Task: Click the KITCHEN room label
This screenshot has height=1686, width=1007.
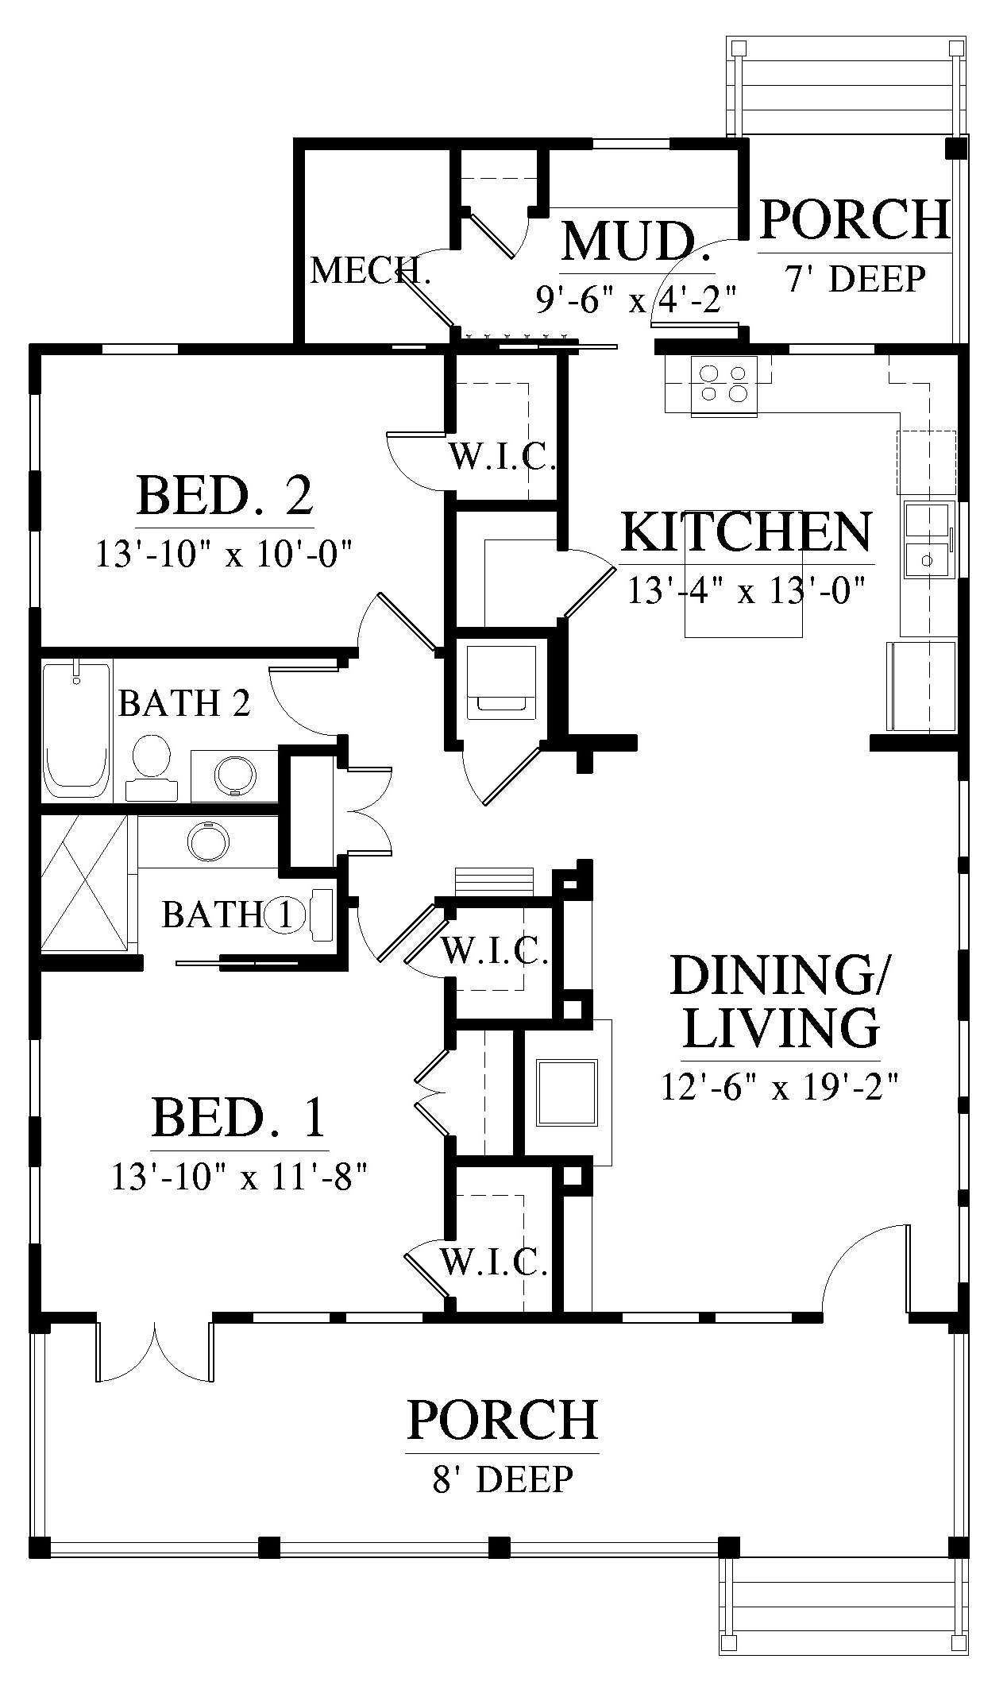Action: pyautogui.click(x=746, y=532)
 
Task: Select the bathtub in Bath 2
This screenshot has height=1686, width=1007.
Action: pyautogui.click(x=76, y=729)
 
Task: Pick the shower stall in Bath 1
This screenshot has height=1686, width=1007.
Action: pyautogui.click(x=84, y=882)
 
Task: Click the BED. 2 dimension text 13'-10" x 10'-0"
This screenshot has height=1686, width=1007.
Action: pyautogui.click(x=223, y=554)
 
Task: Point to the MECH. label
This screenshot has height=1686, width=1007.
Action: pyautogui.click(x=371, y=271)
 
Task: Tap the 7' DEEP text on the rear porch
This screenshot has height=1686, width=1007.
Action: pyautogui.click(x=855, y=279)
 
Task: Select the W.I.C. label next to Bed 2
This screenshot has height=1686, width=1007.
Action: pyautogui.click(x=501, y=457)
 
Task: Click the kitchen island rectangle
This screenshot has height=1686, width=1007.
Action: pyautogui.click(x=743, y=574)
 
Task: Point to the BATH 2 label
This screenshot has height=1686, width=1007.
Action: pyautogui.click(x=184, y=703)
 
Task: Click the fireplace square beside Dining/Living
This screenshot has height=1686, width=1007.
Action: pyautogui.click(x=569, y=1092)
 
